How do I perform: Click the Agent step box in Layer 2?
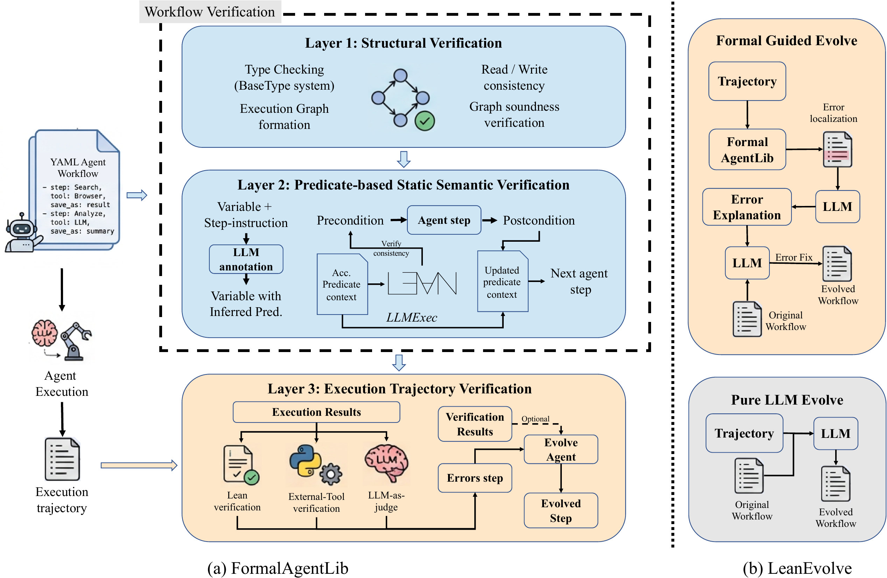(x=444, y=220)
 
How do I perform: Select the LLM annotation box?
(x=246, y=259)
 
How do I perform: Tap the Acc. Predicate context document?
(x=342, y=284)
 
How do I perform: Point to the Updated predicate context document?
(x=502, y=281)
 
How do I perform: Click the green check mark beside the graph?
(x=425, y=121)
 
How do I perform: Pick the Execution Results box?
(x=316, y=412)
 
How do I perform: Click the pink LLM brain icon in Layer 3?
(x=387, y=462)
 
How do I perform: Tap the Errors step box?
(x=475, y=478)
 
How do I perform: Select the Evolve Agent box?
(x=561, y=449)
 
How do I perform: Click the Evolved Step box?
(x=561, y=510)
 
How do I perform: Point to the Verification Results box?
(x=475, y=424)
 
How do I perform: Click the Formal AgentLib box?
(x=747, y=150)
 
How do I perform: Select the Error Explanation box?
(x=747, y=207)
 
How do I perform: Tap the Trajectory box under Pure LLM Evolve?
(x=744, y=433)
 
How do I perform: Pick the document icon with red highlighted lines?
(x=837, y=149)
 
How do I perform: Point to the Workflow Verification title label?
(x=210, y=12)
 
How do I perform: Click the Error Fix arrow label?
(x=794, y=257)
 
